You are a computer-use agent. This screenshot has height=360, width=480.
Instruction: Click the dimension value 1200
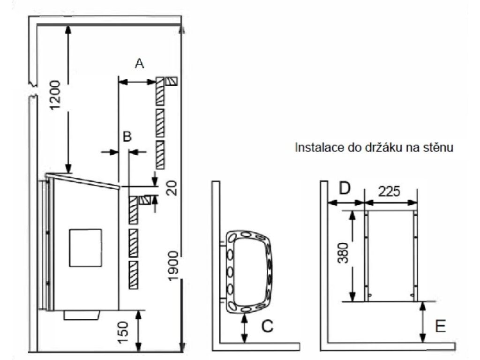[55, 95]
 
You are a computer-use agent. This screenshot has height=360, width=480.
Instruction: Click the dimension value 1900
[172, 266]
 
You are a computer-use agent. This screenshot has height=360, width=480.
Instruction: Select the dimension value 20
[172, 188]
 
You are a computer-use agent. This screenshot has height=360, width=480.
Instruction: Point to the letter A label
[139, 63]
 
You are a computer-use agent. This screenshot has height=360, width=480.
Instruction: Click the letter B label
[127, 136]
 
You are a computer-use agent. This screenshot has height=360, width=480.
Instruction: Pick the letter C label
[267, 326]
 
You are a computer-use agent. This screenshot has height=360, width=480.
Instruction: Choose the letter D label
[345, 188]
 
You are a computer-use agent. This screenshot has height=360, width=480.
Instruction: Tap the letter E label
[440, 326]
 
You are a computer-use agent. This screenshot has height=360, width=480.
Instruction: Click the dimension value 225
[389, 192]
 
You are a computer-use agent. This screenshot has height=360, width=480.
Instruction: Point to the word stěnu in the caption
[437, 148]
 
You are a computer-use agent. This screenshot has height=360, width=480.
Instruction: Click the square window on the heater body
[85, 247]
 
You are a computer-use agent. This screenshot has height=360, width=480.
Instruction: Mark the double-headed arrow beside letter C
[244, 328]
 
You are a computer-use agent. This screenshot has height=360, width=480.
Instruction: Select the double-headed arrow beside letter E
[422, 322]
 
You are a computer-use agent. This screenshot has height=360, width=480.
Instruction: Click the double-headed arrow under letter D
[346, 202]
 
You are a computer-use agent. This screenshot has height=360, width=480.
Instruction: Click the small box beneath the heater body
[82, 315]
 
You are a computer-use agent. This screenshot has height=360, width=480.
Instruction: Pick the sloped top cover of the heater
[82, 180]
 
